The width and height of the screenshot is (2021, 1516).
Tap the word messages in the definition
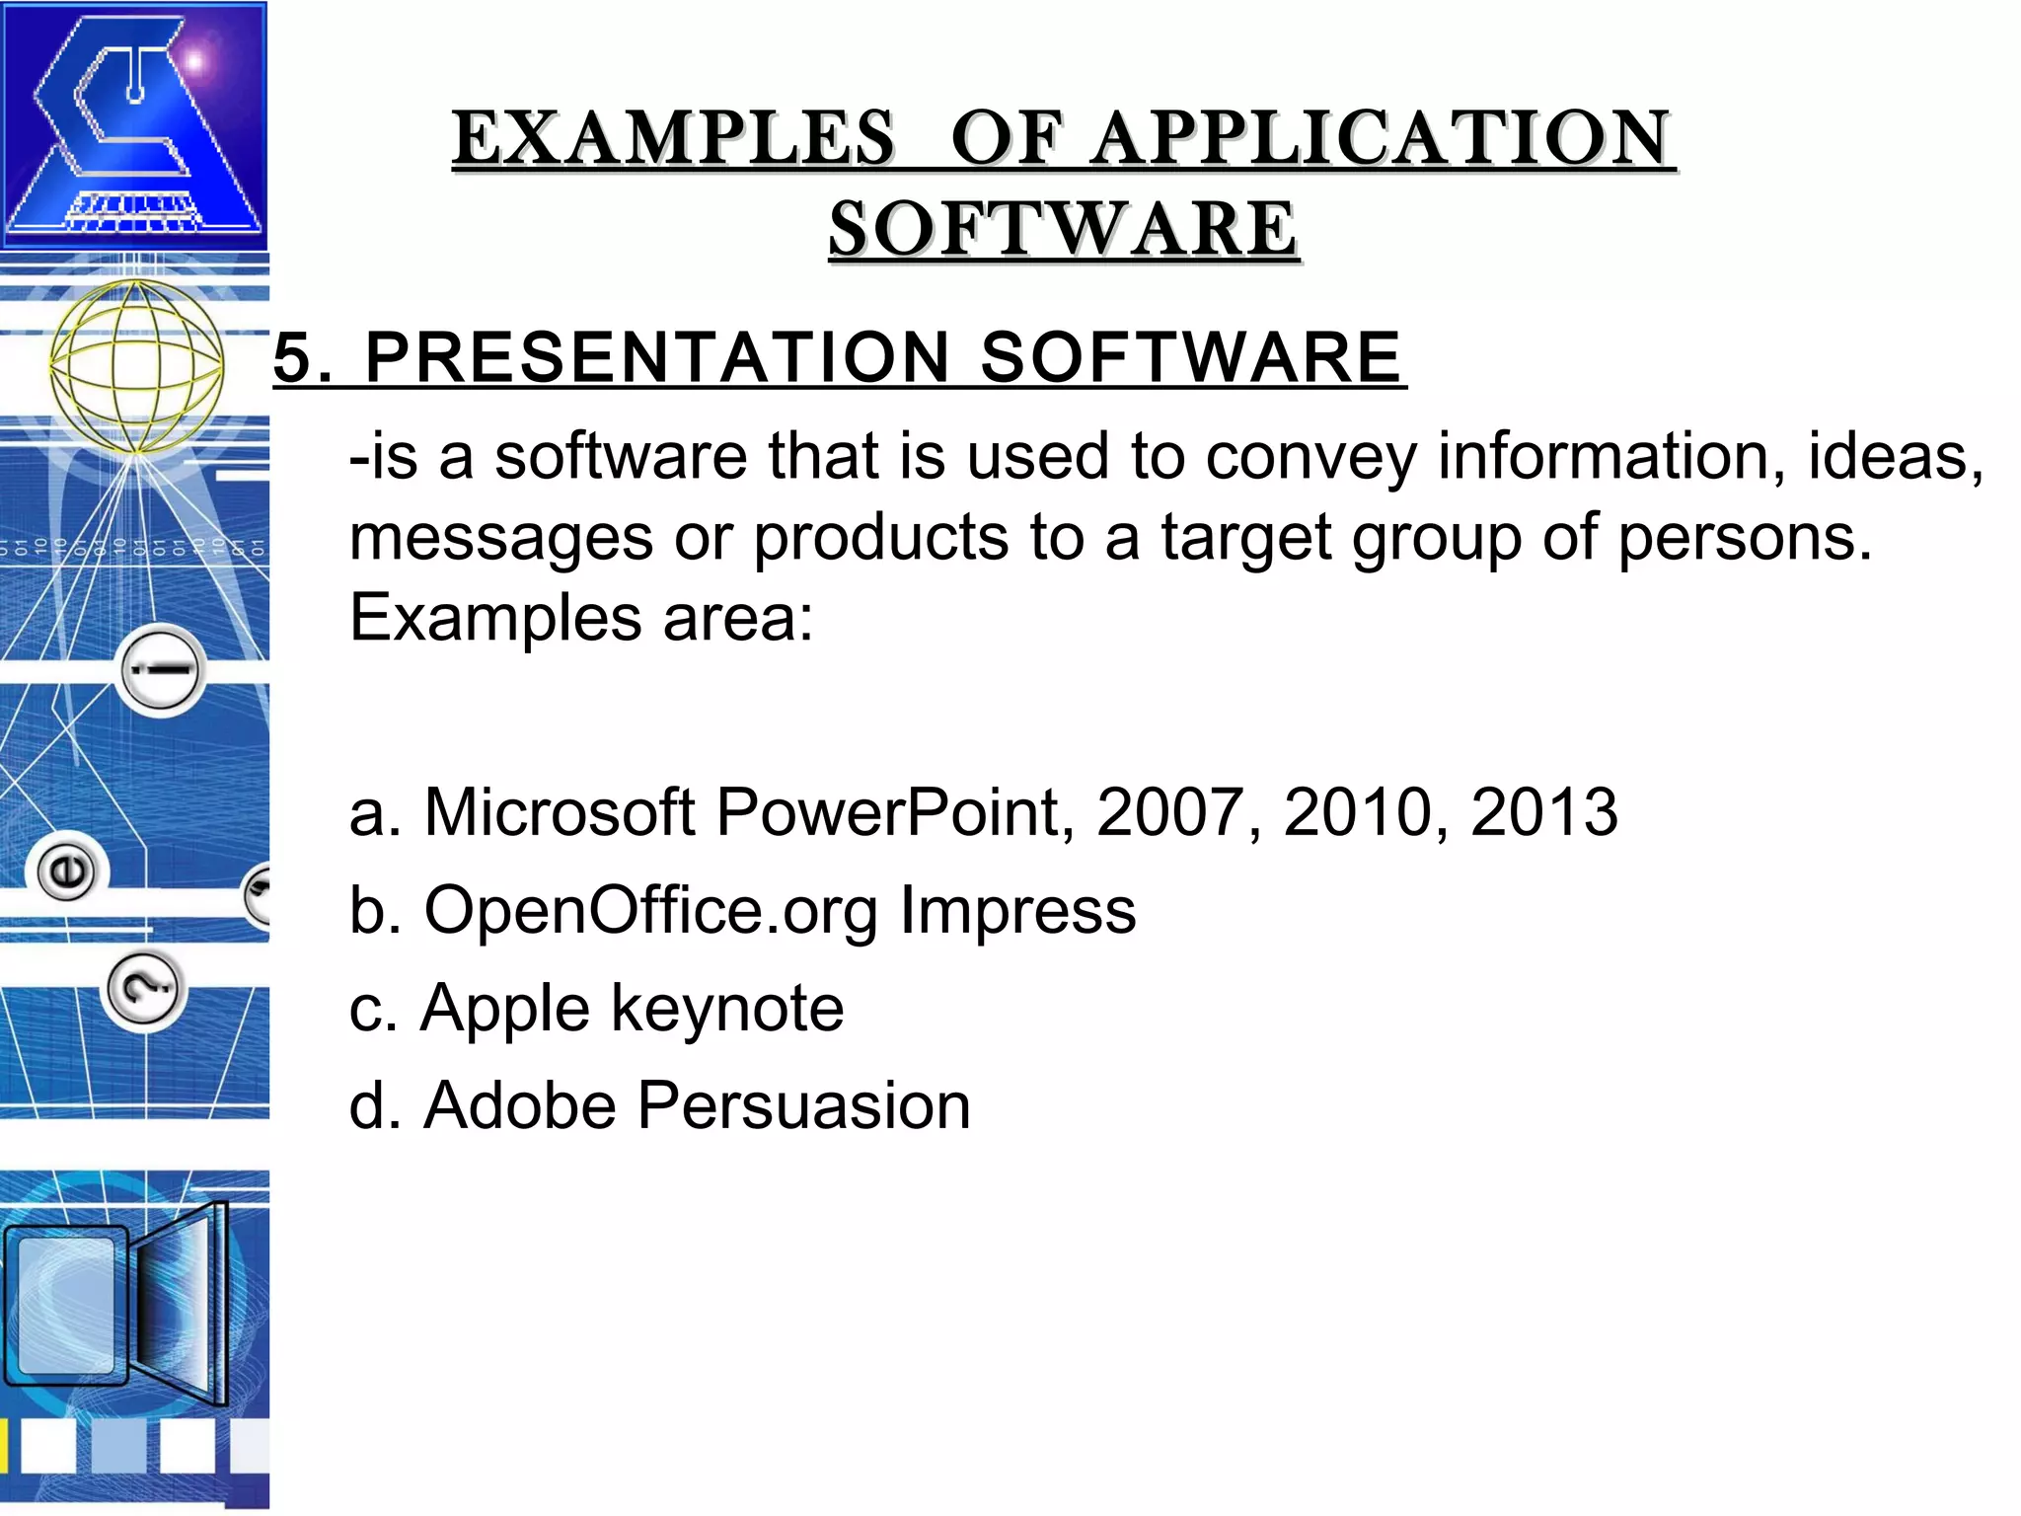click(x=501, y=538)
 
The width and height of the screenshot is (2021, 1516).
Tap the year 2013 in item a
click(x=1543, y=812)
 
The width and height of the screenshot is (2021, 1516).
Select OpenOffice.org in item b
click(x=650, y=910)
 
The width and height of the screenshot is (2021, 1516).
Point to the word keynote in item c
click(x=727, y=1009)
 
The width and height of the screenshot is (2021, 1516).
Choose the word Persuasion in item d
click(x=803, y=1105)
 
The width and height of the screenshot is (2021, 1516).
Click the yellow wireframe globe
click(x=136, y=366)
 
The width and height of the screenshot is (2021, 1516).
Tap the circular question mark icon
click(x=144, y=990)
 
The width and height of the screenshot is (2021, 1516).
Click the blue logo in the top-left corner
click(x=134, y=125)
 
